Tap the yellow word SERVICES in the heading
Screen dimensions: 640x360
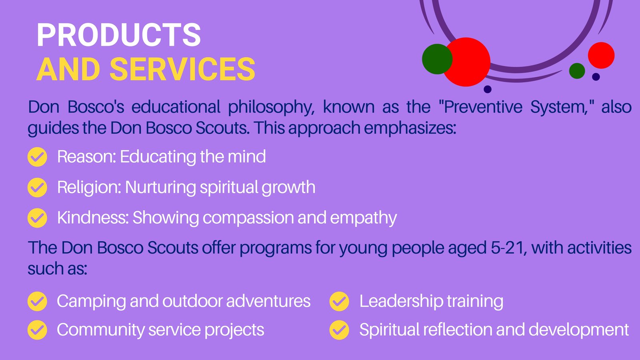point(182,69)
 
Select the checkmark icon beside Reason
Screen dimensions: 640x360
point(38,157)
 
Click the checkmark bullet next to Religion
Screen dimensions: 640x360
point(38,188)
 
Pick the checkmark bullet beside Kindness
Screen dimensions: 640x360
point(38,218)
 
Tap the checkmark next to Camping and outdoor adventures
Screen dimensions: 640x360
point(38,301)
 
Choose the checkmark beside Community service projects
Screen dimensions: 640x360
point(38,330)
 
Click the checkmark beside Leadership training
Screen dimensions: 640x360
point(339,301)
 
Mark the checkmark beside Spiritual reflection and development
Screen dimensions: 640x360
point(339,330)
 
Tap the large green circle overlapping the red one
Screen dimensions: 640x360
point(437,59)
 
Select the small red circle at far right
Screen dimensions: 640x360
point(601,56)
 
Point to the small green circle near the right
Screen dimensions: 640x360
point(577,71)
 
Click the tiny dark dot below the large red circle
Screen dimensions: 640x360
point(488,89)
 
